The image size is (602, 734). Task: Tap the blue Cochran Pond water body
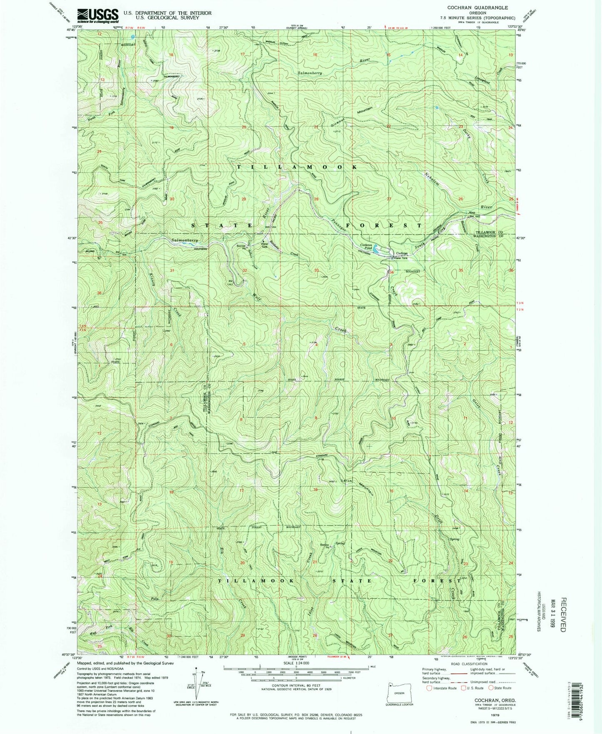click(x=376, y=249)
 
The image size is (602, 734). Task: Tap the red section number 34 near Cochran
click(x=391, y=272)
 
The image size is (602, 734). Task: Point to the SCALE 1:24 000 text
click(x=296, y=663)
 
